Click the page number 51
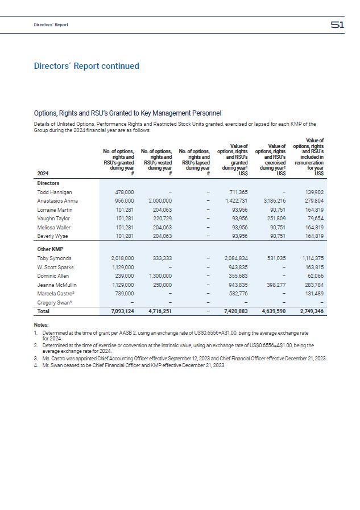pos(337,24)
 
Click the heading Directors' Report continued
pos(86,66)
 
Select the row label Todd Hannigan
pos(55,192)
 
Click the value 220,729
pos(160,218)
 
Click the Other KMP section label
pos(51,249)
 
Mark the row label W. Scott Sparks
pos(55,267)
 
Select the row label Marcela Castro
pos(55,294)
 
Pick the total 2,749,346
pos(310,311)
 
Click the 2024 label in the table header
pos(43,173)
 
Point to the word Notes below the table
pos(42,324)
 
